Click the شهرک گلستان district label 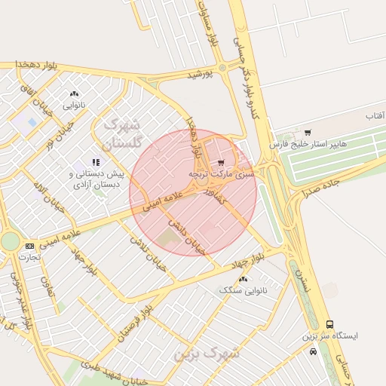point(116,132)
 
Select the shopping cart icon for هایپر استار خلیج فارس point(308,133)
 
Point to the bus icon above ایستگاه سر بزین point(330,324)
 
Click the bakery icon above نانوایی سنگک point(243,279)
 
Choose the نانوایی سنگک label point(243,290)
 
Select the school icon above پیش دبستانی point(96,162)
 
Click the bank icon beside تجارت point(29,246)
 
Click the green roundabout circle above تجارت point(10,241)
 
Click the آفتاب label point(375,116)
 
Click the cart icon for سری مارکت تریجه point(220,162)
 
